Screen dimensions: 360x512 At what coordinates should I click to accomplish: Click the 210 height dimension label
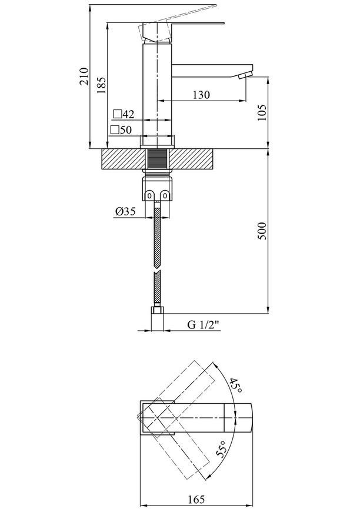point(85,76)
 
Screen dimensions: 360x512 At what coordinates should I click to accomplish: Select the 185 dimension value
point(102,85)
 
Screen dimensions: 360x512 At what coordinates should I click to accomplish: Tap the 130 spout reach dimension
point(201,95)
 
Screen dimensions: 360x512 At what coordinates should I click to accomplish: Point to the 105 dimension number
point(262,112)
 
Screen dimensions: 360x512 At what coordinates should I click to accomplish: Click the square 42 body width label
point(124,114)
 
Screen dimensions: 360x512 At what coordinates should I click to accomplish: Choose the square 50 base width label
point(121,130)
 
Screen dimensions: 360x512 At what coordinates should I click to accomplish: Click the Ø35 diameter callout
point(125,212)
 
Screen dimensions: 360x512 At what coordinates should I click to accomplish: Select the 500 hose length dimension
point(262,231)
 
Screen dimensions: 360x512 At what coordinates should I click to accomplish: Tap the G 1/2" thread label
point(203,325)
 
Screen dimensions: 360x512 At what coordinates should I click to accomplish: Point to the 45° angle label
point(235,385)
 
